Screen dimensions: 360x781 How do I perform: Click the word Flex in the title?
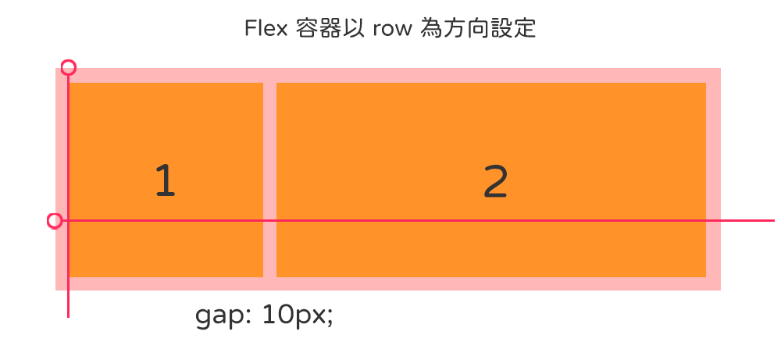coord(262,29)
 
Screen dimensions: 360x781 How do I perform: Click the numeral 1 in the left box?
coord(165,181)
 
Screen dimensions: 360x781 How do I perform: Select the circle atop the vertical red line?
coord(69,68)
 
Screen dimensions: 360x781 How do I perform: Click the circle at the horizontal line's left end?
coord(55,221)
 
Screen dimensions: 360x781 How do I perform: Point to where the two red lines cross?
coord(69,221)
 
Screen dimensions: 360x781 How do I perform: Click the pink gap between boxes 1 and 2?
coord(269,180)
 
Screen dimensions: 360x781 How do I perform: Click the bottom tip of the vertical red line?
coord(69,316)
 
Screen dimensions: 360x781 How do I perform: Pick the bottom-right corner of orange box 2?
coord(705,276)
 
